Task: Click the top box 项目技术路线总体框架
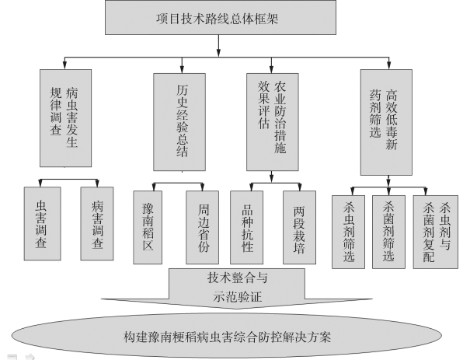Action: (221, 17)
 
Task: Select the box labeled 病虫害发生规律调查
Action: (65, 118)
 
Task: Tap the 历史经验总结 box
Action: (179, 122)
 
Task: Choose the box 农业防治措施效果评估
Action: (273, 122)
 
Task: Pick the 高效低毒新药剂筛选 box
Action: (386, 122)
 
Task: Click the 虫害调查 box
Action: (43, 223)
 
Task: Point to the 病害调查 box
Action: (97, 223)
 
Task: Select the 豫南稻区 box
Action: (148, 227)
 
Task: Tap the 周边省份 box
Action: (202, 227)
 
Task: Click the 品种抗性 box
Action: (246, 227)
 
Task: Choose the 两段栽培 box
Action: (299, 227)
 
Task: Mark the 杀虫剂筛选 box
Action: (349, 232)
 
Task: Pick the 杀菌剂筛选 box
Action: (388, 232)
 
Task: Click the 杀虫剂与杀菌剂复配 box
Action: (436, 232)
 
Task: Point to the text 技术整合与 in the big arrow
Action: (238, 278)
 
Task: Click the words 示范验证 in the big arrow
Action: (238, 296)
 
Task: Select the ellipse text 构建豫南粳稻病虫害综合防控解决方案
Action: (227, 337)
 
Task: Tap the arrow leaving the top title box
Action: (218, 46)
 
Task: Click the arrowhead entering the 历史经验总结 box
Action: (182, 70)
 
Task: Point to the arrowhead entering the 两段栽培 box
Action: (300, 187)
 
